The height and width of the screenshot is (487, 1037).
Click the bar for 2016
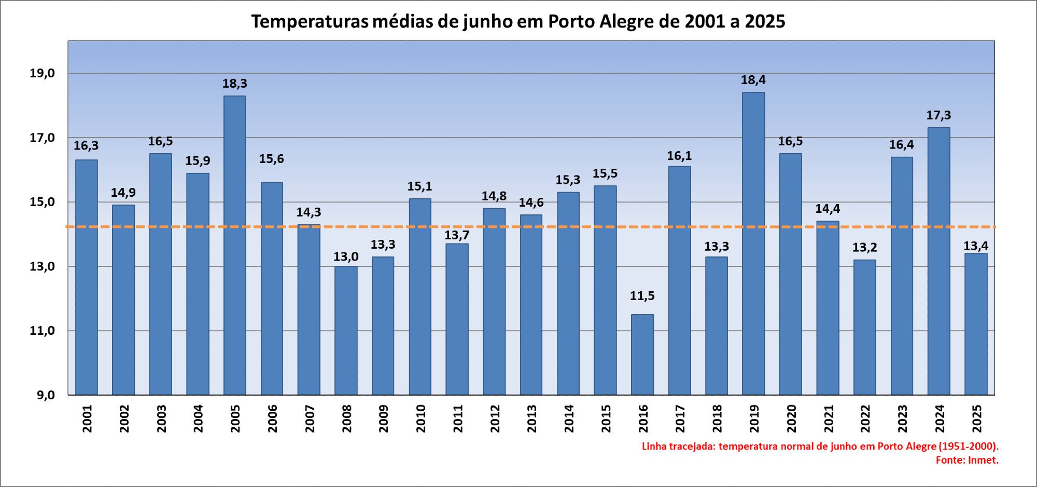(642, 355)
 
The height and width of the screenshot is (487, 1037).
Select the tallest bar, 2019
(753, 244)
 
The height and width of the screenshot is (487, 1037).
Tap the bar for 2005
(235, 245)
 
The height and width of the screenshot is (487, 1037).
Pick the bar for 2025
(976, 324)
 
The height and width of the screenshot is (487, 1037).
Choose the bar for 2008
(346, 330)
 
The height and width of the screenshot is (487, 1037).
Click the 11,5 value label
(642, 296)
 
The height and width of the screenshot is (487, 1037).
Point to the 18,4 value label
(753, 80)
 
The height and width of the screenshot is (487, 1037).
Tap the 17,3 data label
(938, 115)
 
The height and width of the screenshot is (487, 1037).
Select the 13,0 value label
(346, 256)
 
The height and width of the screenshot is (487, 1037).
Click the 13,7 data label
(457, 235)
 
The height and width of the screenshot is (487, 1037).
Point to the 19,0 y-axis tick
(42, 73)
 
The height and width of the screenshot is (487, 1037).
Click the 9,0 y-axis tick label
(46, 395)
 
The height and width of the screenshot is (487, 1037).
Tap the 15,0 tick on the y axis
(42, 202)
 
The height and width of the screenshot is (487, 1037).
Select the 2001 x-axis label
(87, 418)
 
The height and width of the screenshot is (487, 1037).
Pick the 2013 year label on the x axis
(532, 418)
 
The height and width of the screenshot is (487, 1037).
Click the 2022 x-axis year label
(865, 418)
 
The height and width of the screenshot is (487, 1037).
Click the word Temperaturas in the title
(310, 21)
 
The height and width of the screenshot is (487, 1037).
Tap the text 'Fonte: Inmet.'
(967, 460)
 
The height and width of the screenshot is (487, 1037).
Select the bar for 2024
(939, 261)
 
